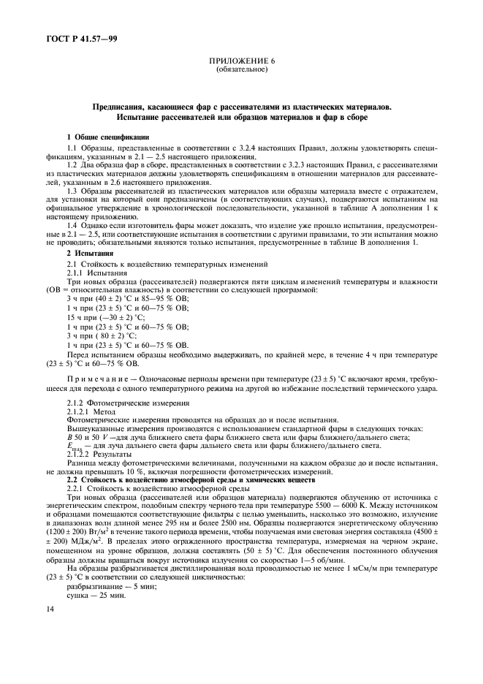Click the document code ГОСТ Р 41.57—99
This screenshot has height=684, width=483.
coord(71,37)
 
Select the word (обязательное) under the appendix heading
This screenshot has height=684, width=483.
coord(241,71)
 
